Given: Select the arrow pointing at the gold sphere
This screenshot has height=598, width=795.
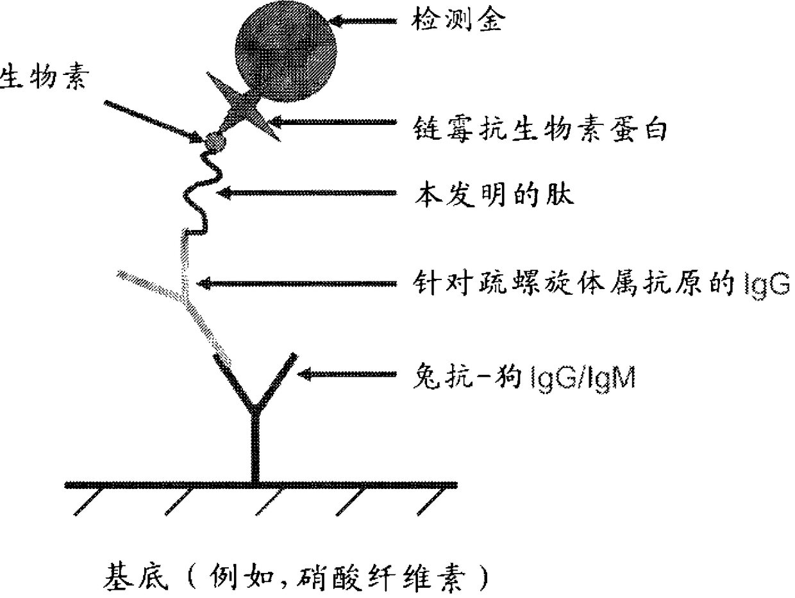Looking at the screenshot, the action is [x=365, y=21].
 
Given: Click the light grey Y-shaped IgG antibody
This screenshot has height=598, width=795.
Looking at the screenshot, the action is [x=186, y=295].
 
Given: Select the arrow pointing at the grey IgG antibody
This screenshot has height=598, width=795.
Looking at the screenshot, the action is [x=295, y=283].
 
